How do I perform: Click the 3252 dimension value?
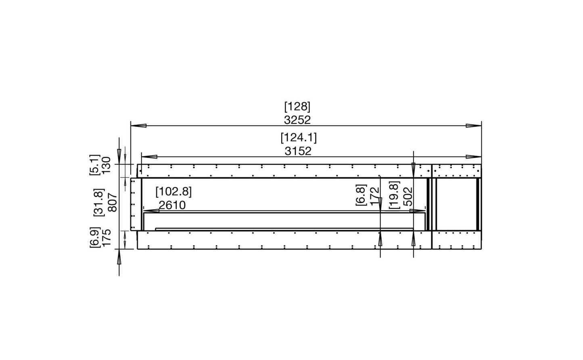point(297,120)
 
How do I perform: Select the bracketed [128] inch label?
point(297,107)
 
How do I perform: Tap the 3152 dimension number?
point(298,151)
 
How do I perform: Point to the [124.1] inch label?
point(299,137)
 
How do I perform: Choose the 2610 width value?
point(172,205)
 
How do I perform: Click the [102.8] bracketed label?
point(173,192)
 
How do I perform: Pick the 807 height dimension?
point(113,202)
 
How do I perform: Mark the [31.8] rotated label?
point(99,202)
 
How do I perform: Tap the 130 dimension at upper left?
point(106,165)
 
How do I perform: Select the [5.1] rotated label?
point(94,165)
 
